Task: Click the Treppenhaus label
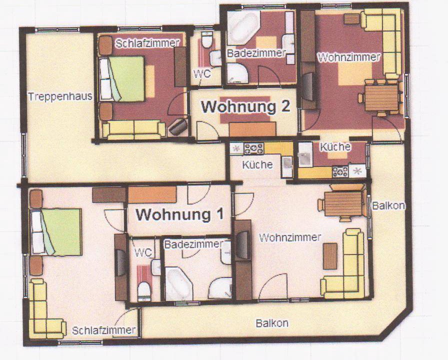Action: (60, 96)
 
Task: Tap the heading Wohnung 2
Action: (245, 106)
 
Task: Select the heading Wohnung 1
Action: (179, 214)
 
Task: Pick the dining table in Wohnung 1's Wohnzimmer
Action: (343, 203)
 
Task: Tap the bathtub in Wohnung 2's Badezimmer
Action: (243, 27)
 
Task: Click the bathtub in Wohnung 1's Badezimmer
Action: (176, 283)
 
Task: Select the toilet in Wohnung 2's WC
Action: (206, 39)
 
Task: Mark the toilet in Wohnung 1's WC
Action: (144, 291)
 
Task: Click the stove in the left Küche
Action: (253, 148)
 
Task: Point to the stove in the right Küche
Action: (340, 172)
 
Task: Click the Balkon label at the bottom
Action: (272, 323)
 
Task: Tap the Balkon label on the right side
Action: (388, 205)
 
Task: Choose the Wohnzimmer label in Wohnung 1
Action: (290, 237)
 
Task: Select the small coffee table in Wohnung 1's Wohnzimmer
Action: (330, 256)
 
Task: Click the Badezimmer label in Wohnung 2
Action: (256, 53)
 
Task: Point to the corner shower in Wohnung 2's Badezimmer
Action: (237, 73)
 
